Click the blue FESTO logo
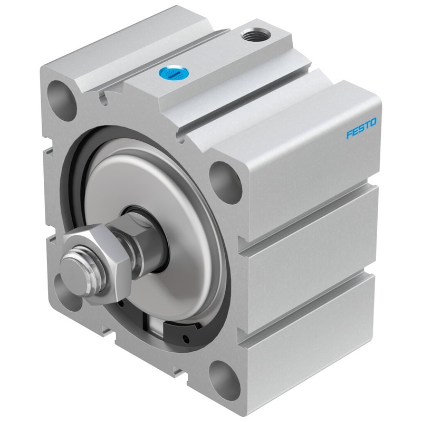point(361,128)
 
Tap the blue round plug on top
point(173,73)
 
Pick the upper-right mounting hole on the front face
point(226,181)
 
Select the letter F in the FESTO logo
point(349,133)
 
